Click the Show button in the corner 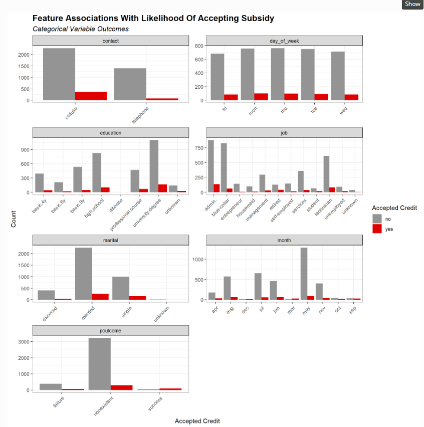tap(412, 4)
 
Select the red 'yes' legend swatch tap(377, 229)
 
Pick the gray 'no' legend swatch tap(377, 219)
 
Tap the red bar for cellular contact tap(91, 96)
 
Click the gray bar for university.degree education tap(154, 166)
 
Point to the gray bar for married tap(84, 274)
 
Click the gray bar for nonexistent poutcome tap(100, 364)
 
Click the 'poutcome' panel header tap(110, 330)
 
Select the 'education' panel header tap(110, 133)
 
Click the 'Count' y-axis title tap(14, 221)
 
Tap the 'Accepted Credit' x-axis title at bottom tap(197, 421)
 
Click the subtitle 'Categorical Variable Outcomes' tap(80, 29)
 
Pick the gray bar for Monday tap(248, 74)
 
